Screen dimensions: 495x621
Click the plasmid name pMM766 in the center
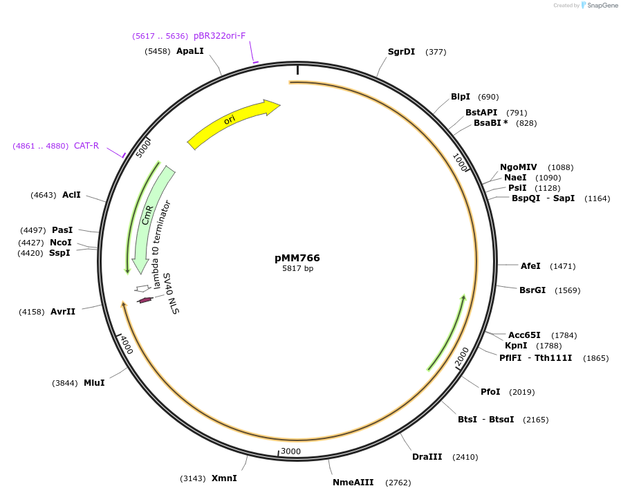click(x=297, y=258)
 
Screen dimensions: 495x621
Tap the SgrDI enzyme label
click(x=401, y=51)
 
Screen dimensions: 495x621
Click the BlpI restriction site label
click(x=461, y=97)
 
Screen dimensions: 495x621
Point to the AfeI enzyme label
click(x=530, y=266)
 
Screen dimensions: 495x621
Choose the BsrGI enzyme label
click(x=532, y=290)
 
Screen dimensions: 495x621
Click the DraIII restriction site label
click(x=427, y=457)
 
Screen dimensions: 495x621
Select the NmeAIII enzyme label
click(x=353, y=483)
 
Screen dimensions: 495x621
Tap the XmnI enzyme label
click(x=224, y=478)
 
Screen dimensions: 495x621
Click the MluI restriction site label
click(x=94, y=383)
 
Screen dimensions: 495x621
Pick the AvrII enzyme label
click(x=63, y=312)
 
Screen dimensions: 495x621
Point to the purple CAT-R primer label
click(x=86, y=146)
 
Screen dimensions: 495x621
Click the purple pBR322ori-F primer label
click(x=219, y=36)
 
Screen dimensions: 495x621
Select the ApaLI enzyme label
click(x=190, y=51)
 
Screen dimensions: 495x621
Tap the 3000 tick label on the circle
click(x=290, y=451)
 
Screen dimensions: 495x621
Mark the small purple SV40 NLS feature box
click(x=145, y=300)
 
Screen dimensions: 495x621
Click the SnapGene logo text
click(x=602, y=6)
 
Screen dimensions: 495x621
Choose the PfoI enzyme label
click(x=490, y=392)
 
